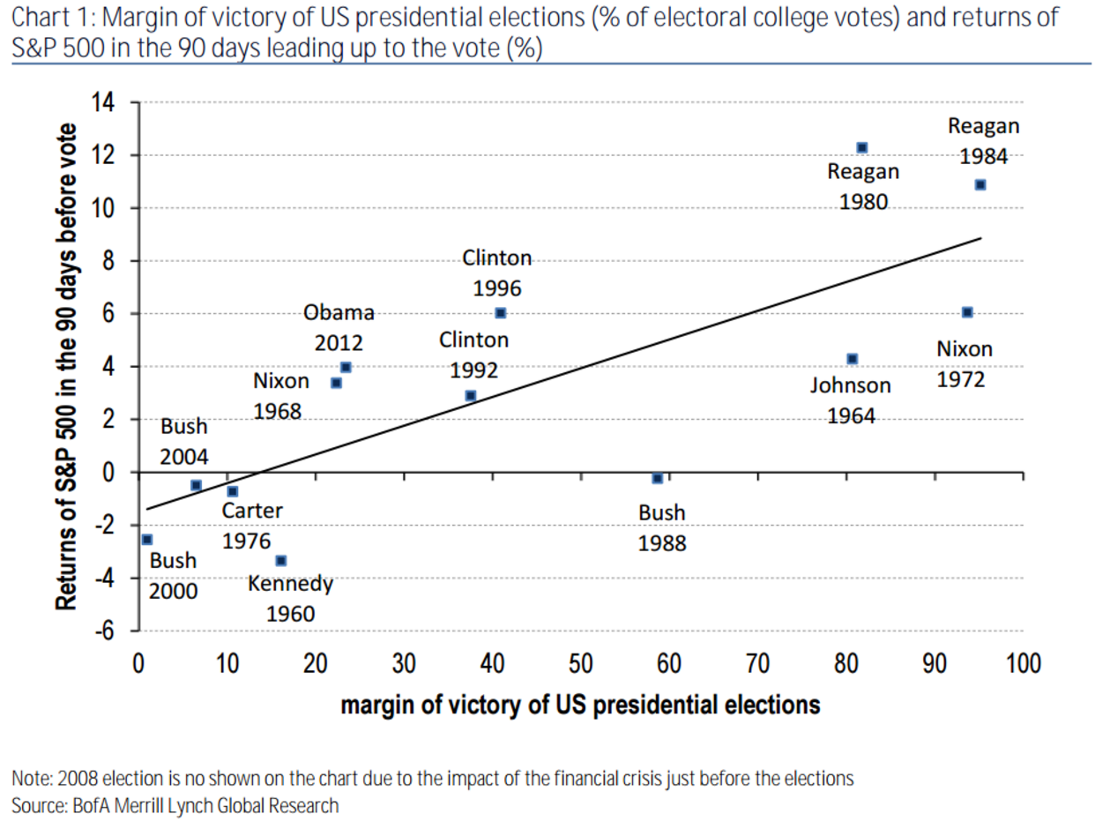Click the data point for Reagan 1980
[x=861, y=147]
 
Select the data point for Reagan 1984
[x=980, y=184]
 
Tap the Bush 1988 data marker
[x=657, y=478]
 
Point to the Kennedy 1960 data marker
[x=280, y=560]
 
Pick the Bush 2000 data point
[x=146, y=539]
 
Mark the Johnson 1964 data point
[x=852, y=359]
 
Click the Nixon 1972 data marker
[x=967, y=312]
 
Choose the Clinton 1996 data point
[x=500, y=313]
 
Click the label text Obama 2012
[x=339, y=327]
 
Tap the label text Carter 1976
[x=251, y=526]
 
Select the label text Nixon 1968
[x=280, y=396]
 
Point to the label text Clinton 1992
[x=473, y=355]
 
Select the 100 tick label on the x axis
[x=1023, y=664]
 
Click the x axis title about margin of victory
[x=580, y=705]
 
